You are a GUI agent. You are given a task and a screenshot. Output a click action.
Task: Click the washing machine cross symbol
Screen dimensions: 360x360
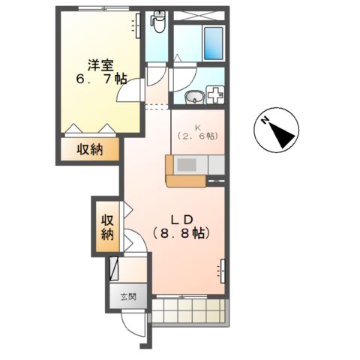tap(215, 96)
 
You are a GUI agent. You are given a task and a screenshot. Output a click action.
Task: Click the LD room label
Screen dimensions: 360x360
tap(184, 219)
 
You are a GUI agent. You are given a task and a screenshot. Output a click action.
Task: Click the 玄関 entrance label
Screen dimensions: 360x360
tap(128, 296)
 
